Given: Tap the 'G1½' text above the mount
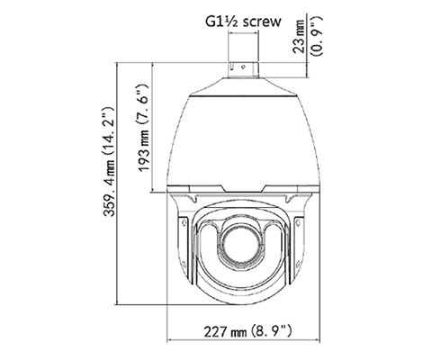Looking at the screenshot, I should tap(214, 17).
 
